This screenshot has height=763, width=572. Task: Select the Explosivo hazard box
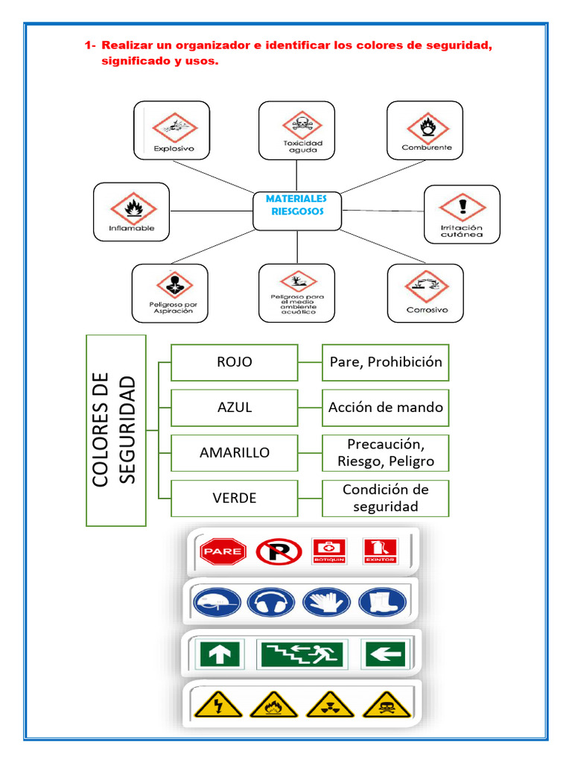pos(171,130)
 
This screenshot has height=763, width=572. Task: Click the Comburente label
pos(426,148)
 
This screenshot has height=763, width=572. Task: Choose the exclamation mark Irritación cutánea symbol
pos(462,206)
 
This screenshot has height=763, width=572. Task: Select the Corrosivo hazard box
pos(425,293)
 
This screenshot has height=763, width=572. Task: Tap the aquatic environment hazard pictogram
pos(297,281)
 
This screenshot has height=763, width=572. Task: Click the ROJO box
pos(235,362)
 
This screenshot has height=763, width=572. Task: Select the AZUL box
pos(235,408)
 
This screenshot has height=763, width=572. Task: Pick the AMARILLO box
pos(235,452)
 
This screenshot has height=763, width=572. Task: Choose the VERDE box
pos(235,498)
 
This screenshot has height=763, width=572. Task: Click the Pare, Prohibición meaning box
pos(386,362)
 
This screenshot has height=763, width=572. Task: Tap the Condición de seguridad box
pos(386,498)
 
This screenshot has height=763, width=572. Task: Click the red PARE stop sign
pos(223,552)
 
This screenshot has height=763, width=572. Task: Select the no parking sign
pos(279,552)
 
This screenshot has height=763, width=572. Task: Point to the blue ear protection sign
pos(271,601)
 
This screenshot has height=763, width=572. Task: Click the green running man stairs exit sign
pos(300,654)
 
